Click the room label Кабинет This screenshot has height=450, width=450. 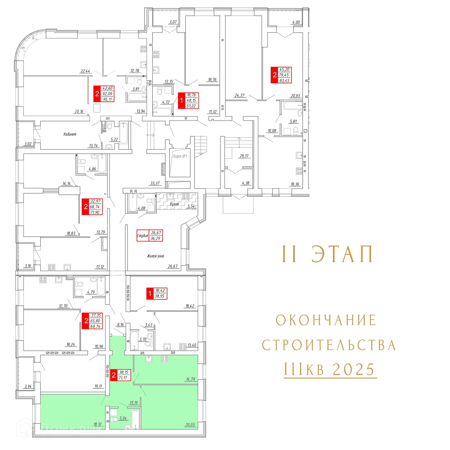70,134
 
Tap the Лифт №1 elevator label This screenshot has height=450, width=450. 179,156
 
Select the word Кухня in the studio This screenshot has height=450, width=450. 174,204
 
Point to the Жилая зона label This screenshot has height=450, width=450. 155,256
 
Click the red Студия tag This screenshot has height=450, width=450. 143,235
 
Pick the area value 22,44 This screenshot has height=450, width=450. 85,71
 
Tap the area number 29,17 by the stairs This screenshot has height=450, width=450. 244,156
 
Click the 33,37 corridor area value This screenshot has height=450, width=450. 155,183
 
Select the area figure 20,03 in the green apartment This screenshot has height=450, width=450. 190,425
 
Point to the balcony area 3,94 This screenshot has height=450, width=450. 28,386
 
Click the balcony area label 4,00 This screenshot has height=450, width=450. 296,22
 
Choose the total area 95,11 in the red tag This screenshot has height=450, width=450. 107,99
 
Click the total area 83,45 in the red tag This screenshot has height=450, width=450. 284,80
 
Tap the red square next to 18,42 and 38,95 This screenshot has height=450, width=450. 150,293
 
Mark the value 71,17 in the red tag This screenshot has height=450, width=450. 123,378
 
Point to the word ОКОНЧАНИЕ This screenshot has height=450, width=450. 326,320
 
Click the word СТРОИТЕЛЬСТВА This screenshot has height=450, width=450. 329,345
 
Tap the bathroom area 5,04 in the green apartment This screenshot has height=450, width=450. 123,418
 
